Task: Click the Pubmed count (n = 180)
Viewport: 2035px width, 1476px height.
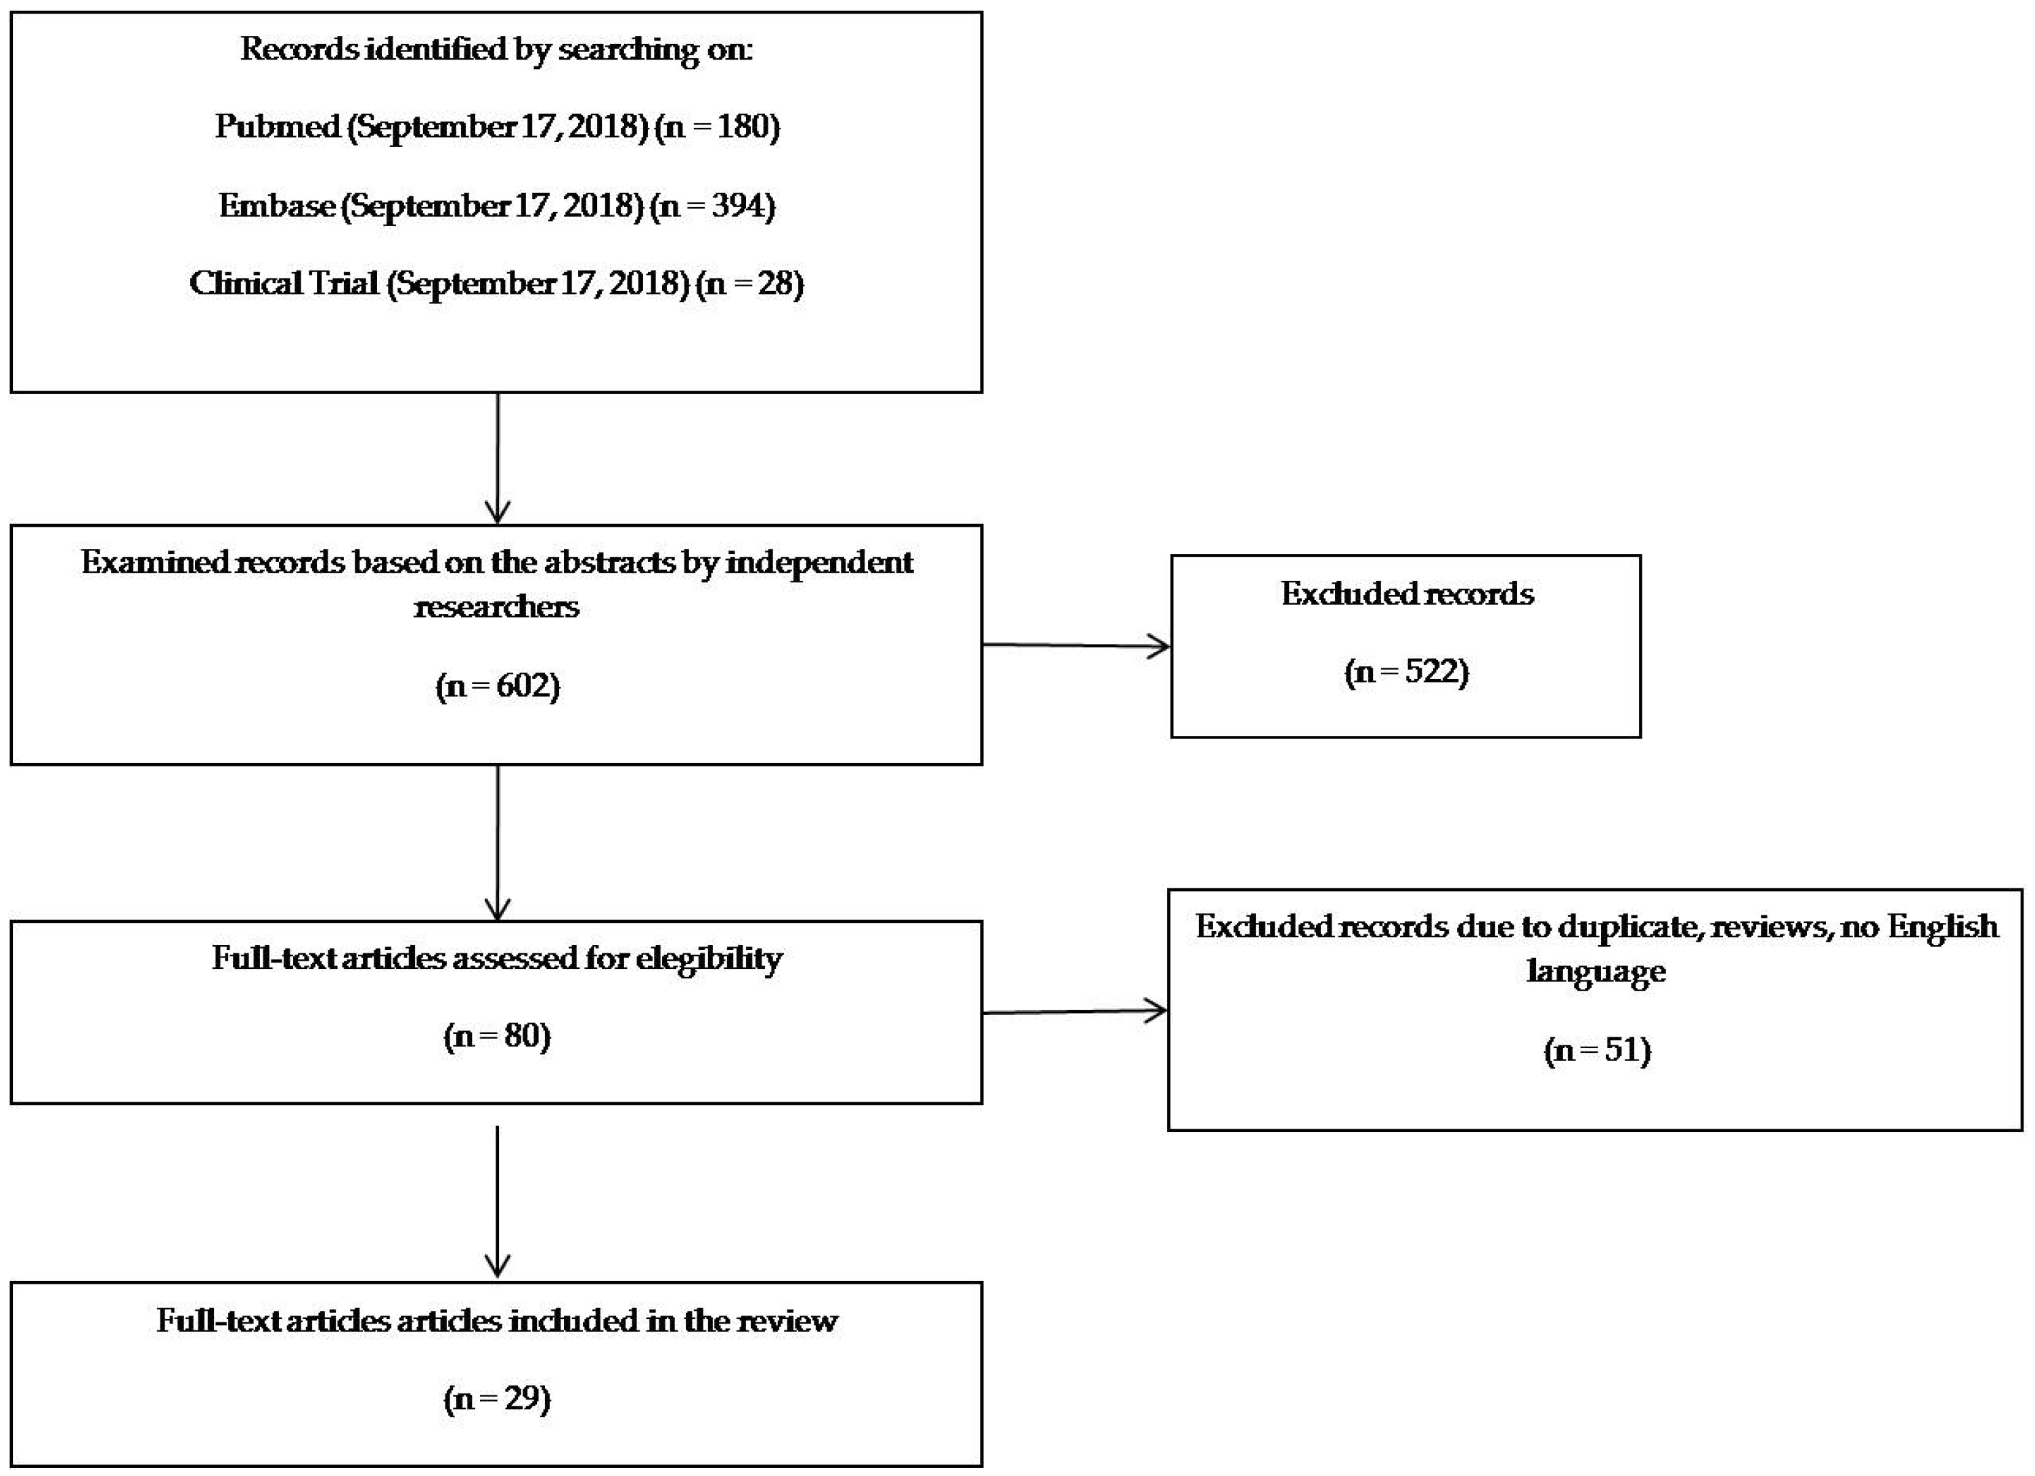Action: (717, 127)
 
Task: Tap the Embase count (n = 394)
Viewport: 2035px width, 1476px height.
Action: (712, 207)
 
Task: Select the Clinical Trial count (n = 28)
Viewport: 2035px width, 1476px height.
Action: (749, 284)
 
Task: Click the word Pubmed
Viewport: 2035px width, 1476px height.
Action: (278, 127)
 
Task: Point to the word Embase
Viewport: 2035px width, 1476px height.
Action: (278, 207)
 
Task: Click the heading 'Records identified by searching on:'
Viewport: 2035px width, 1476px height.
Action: (496, 49)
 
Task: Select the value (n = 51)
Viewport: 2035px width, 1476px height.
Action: (1597, 1050)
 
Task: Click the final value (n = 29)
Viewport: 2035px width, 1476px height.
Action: (497, 1398)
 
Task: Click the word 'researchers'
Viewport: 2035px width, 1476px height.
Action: (496, 607)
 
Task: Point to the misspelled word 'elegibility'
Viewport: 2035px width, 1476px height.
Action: (709, 959)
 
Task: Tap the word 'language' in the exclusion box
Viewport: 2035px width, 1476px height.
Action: (1596, 972)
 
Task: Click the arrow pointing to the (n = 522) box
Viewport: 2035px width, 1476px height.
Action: (1076, 645)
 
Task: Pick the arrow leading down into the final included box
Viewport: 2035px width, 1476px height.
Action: (497, 1202)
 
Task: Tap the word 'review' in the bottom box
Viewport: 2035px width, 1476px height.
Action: (786, 1321)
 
